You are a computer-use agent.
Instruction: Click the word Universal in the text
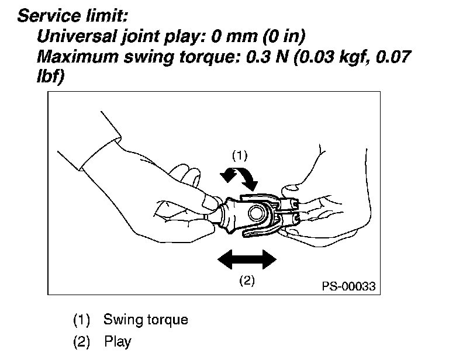pyautogui.click(x=72, y=36)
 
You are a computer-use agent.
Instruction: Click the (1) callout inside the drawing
pyautogui.click(x=240, y=155)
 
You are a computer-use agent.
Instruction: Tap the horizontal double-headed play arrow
pyautogui.click(x=245, y=258)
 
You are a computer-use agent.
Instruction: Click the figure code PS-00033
pyautogui.click(x=348, y=286)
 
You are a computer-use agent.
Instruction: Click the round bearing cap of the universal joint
pyautogui.click(x=255, y=212)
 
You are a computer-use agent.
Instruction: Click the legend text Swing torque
pyautogui.click(x=146, y=320)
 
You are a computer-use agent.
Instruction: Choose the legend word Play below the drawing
pyautogui.click(x=117, y=341)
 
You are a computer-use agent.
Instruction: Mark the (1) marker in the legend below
pyautogui.click(x=82, y=320)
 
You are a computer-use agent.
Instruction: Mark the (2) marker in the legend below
pyautogui.click(x=82, y=341)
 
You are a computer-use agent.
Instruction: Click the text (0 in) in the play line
pyautogui.click(x=281, y=36)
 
